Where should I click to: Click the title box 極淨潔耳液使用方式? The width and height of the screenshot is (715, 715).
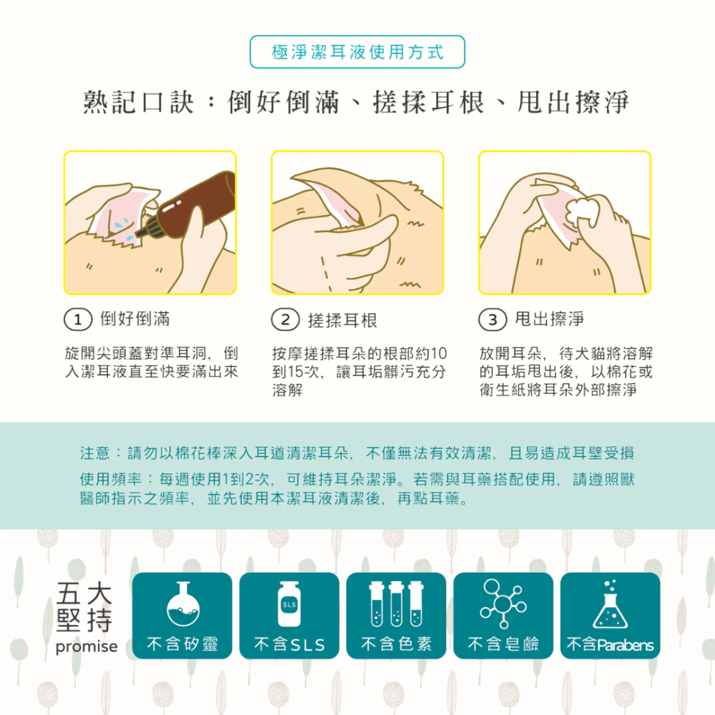pos(357,52)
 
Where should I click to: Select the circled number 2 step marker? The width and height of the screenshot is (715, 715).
pos(285,320)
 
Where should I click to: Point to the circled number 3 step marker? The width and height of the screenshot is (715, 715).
pos(492,320)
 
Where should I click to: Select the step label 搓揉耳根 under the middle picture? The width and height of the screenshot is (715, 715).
pos(342,320)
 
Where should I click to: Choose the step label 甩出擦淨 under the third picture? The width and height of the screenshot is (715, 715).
pos(549,320)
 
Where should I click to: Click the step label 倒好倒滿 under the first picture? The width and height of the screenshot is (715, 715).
pos(135,320)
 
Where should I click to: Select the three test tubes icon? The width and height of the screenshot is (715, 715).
pos(396,605)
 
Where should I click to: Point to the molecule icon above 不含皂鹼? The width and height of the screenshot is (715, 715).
pos(503,605)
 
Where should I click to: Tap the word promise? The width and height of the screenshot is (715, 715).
pos(86,646)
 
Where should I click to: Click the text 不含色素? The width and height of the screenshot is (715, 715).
pos(396,645)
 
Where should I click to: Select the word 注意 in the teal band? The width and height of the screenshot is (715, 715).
pos(94,453)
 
